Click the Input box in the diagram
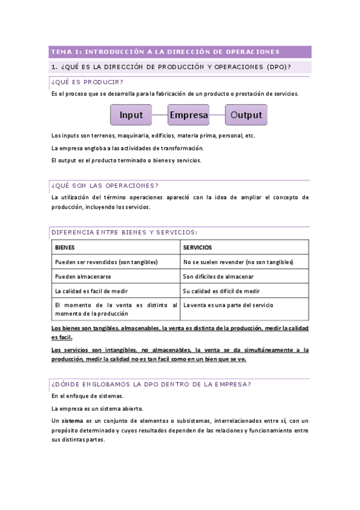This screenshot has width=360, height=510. point(131,115)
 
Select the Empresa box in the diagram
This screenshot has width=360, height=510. point(189,115)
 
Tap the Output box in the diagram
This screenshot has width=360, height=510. point(246,115)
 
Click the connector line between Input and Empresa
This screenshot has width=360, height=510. point(160,115)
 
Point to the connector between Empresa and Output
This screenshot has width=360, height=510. point(218,115)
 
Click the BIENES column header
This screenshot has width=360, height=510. point(66,247)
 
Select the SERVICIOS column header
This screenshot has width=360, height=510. point(198,247)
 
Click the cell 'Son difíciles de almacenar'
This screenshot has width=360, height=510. point(219,277)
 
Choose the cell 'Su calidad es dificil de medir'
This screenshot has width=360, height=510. point(222,291)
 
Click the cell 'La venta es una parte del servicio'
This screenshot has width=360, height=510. point(228,306)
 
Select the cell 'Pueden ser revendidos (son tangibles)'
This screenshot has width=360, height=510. point(106,262)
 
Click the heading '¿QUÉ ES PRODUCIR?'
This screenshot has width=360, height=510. point(88,82)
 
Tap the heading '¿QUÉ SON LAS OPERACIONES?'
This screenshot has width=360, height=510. point(105,185)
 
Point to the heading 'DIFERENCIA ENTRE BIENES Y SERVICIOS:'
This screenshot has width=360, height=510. point(124,232)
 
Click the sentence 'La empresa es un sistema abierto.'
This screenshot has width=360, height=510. point(97,408)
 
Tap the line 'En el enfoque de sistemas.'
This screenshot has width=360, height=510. point(88,396)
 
